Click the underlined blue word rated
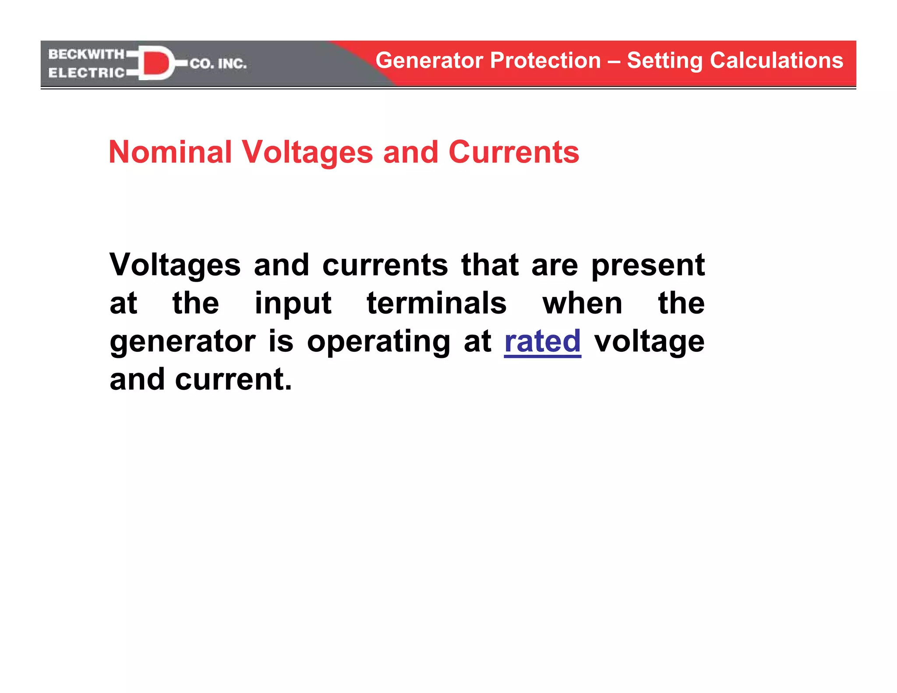[x=542, y=341]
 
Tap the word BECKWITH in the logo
[x=86, y=54]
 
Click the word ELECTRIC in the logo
[x=86, y=73]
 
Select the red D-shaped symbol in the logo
[x=155, y=63]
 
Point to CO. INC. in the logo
[x=218, y=64]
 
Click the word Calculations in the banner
[x=777, y=60]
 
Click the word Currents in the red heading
[x=514, y=152]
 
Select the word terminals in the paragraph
[x=437, y=303]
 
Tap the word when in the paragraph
[x=583, y=303]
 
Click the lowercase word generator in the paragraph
[x=183, y=342]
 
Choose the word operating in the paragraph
[x=378, y=342]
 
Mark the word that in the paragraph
[x=490, y=265]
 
